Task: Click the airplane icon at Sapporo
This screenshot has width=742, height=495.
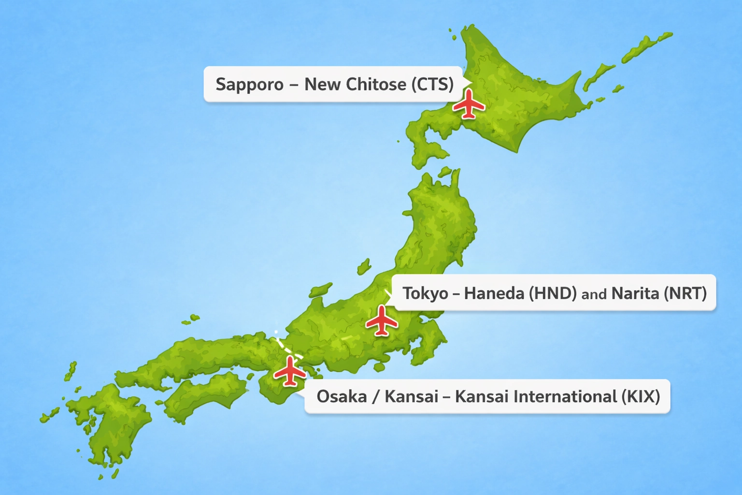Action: tap(468, 104)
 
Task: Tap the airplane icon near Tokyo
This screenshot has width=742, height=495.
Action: tap(382, 320)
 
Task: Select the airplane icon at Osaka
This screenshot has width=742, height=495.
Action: tap(290, 371)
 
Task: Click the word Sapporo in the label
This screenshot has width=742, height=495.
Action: tap(249, 85)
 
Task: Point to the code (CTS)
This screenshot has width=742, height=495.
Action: tap(432, 85)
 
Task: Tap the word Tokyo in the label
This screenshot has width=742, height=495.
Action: tap(425, 293)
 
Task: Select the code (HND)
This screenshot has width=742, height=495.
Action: tap(553, 293)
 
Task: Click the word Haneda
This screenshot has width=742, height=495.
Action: tap(494, 293)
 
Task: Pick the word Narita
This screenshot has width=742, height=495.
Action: tap(635, 293)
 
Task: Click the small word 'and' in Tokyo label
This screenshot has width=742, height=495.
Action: tap(594, 294)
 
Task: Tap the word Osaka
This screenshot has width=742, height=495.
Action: tap(342, 397)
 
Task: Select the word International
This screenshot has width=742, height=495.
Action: tap(565, 397)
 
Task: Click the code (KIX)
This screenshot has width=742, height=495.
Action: tap(641, 397)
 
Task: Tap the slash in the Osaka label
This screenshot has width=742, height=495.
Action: tap(376, 397)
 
